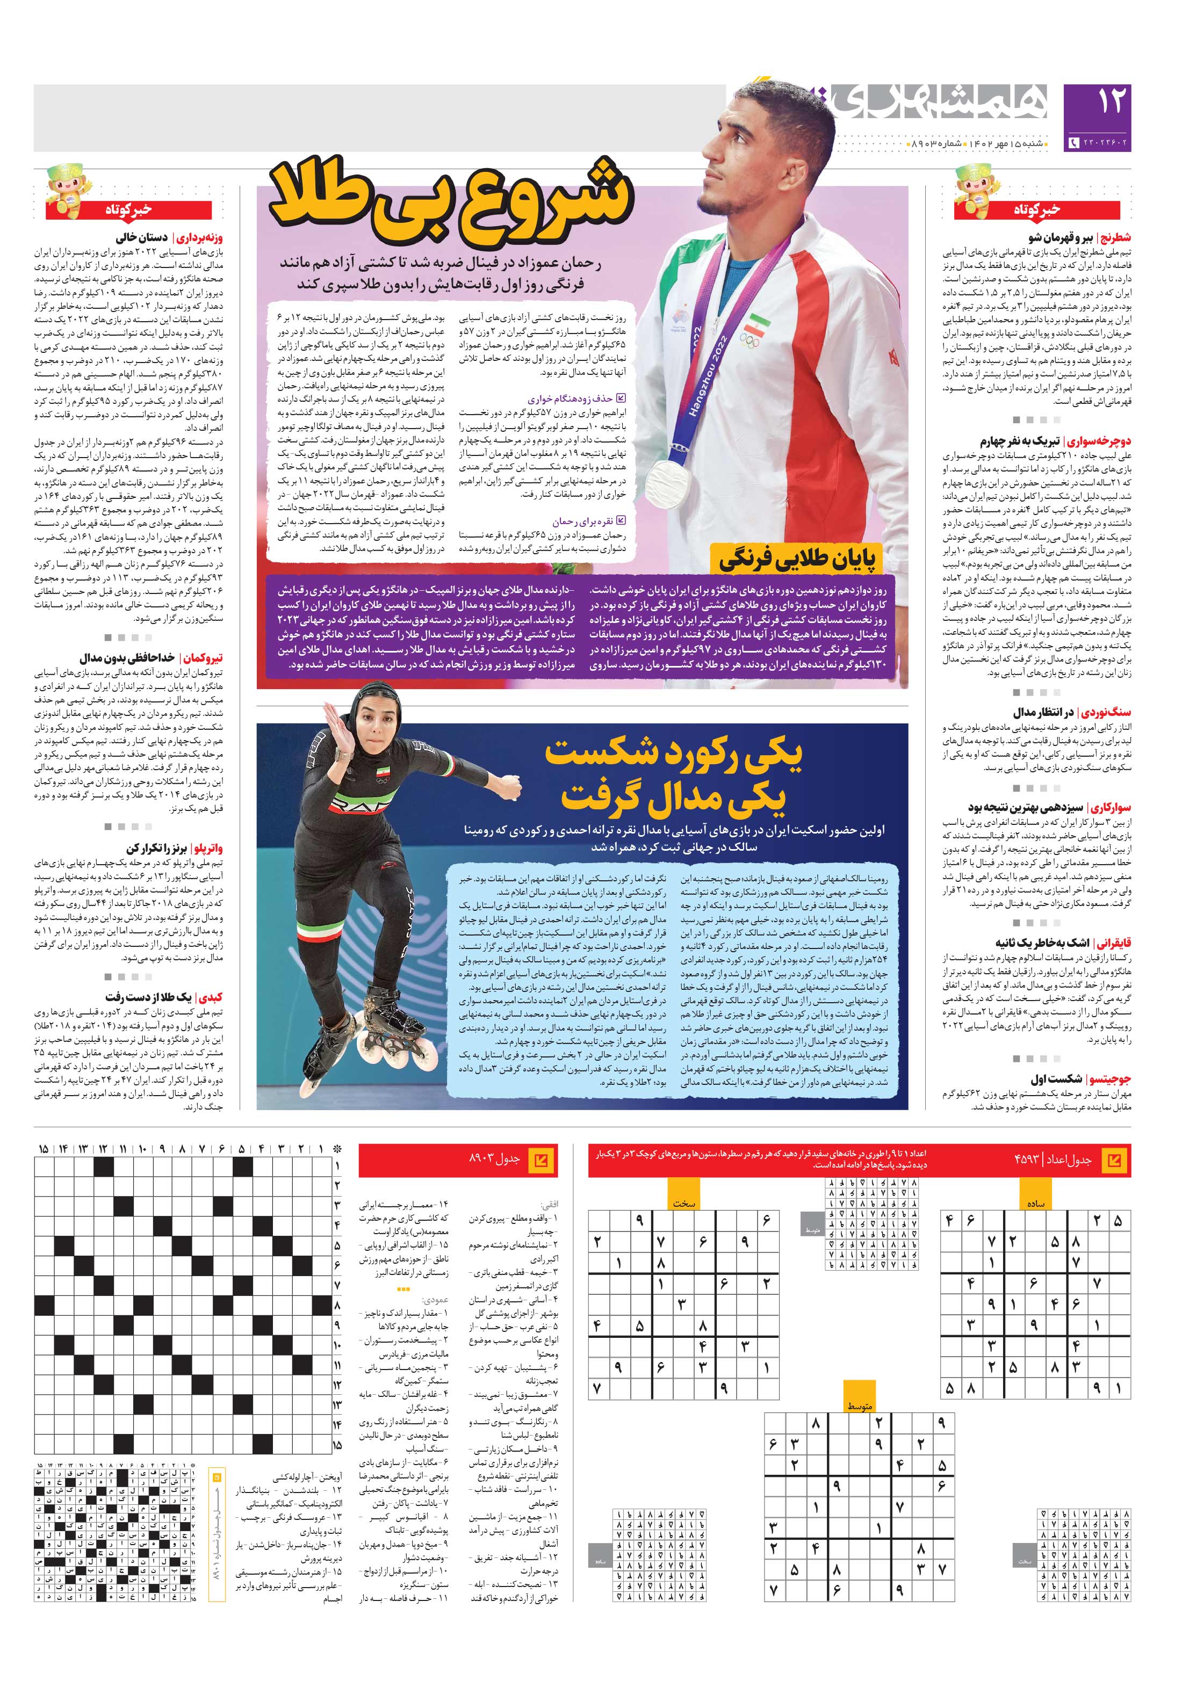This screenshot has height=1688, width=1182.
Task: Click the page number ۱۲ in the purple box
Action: click(x=1111, y=104)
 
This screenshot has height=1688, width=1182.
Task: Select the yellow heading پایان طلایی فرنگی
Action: click(x=797, y=560)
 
